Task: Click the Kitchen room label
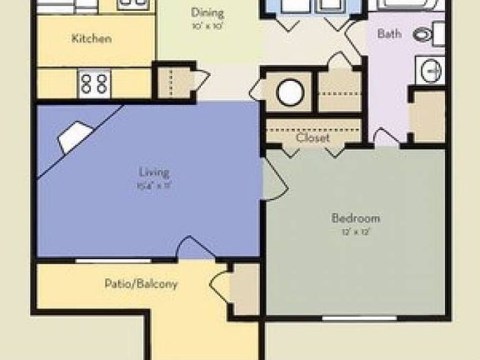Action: (92, 38)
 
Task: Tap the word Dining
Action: (207, 12)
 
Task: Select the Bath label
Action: (389, 34)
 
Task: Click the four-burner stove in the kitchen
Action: (94, 82)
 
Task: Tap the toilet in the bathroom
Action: (427, 35)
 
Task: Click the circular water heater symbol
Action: (290, 92)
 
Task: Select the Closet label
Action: (312, 137)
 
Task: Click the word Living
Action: (154, 173)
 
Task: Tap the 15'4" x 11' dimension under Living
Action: (154, 185)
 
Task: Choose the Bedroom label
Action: (356, 218)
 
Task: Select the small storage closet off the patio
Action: (246, 288)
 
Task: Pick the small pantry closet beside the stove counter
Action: (176, 82)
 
